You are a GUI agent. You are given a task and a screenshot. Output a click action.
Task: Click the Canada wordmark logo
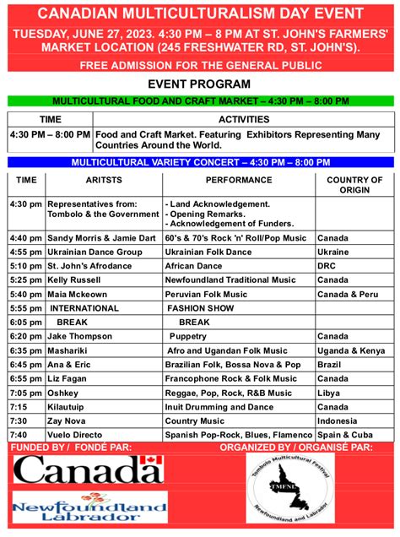[x=89, y=469]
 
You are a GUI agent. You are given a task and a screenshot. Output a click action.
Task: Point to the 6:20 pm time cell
[x=26, y=335]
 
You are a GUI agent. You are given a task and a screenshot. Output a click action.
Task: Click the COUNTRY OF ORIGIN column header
[x=354, y=185]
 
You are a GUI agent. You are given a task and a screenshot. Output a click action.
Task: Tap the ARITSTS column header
[x=104, y=180]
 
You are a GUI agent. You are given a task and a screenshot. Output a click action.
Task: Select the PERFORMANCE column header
[x=239, y=180]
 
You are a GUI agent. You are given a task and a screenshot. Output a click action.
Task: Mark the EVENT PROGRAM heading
[x=199, y=84]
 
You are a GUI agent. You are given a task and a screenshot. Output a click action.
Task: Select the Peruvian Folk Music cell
[x=206, y=294]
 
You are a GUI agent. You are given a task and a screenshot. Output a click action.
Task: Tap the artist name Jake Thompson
[x=80, y=335]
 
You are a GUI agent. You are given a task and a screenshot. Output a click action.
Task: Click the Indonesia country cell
[x=338, y=420]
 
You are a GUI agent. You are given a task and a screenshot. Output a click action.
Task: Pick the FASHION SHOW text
[x=200, y=308]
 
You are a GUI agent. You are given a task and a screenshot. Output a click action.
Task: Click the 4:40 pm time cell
[x=26, y=238]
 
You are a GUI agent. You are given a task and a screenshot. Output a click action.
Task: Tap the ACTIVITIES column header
[x=244, y=119]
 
